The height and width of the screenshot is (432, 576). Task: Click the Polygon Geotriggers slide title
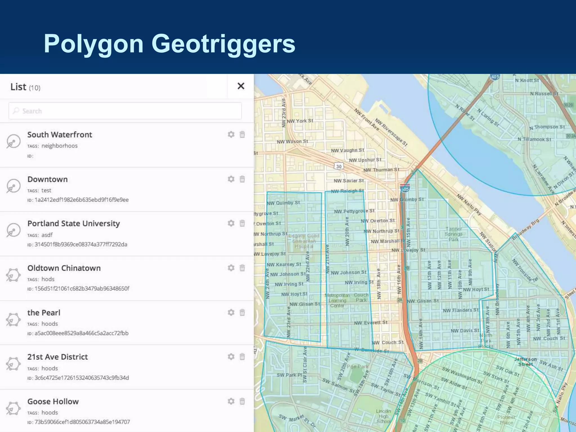pos(170,44)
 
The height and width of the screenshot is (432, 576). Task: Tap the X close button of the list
pos(241,86)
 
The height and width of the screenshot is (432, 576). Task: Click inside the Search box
pos(125,111)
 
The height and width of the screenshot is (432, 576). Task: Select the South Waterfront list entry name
pos(60,135)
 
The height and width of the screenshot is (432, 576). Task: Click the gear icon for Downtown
pos(231,179)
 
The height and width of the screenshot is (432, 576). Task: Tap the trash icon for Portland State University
pos(242,223)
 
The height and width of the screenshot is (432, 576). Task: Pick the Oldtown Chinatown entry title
pos(64,268)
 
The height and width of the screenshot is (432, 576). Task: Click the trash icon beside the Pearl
pos(242,312)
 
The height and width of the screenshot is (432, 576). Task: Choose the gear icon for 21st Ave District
pos(231,357)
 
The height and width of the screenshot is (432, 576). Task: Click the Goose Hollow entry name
pos(53,401)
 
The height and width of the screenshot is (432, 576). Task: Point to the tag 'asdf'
pos(47,235)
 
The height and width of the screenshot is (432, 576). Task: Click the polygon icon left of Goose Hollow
pos(13,408)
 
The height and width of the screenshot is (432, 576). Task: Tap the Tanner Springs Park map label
pos(453,234)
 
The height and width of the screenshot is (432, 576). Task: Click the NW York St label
pos(300,121)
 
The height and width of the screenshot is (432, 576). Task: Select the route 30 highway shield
pos(339,166)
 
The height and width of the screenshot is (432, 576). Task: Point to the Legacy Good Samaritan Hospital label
pos(304,241)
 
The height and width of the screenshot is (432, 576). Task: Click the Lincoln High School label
pos(383,416)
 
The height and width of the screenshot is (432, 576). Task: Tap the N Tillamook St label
pos(534,139)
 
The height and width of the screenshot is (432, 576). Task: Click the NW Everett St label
pos(370,323)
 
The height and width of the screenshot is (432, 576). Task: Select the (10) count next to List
pos(35,88)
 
